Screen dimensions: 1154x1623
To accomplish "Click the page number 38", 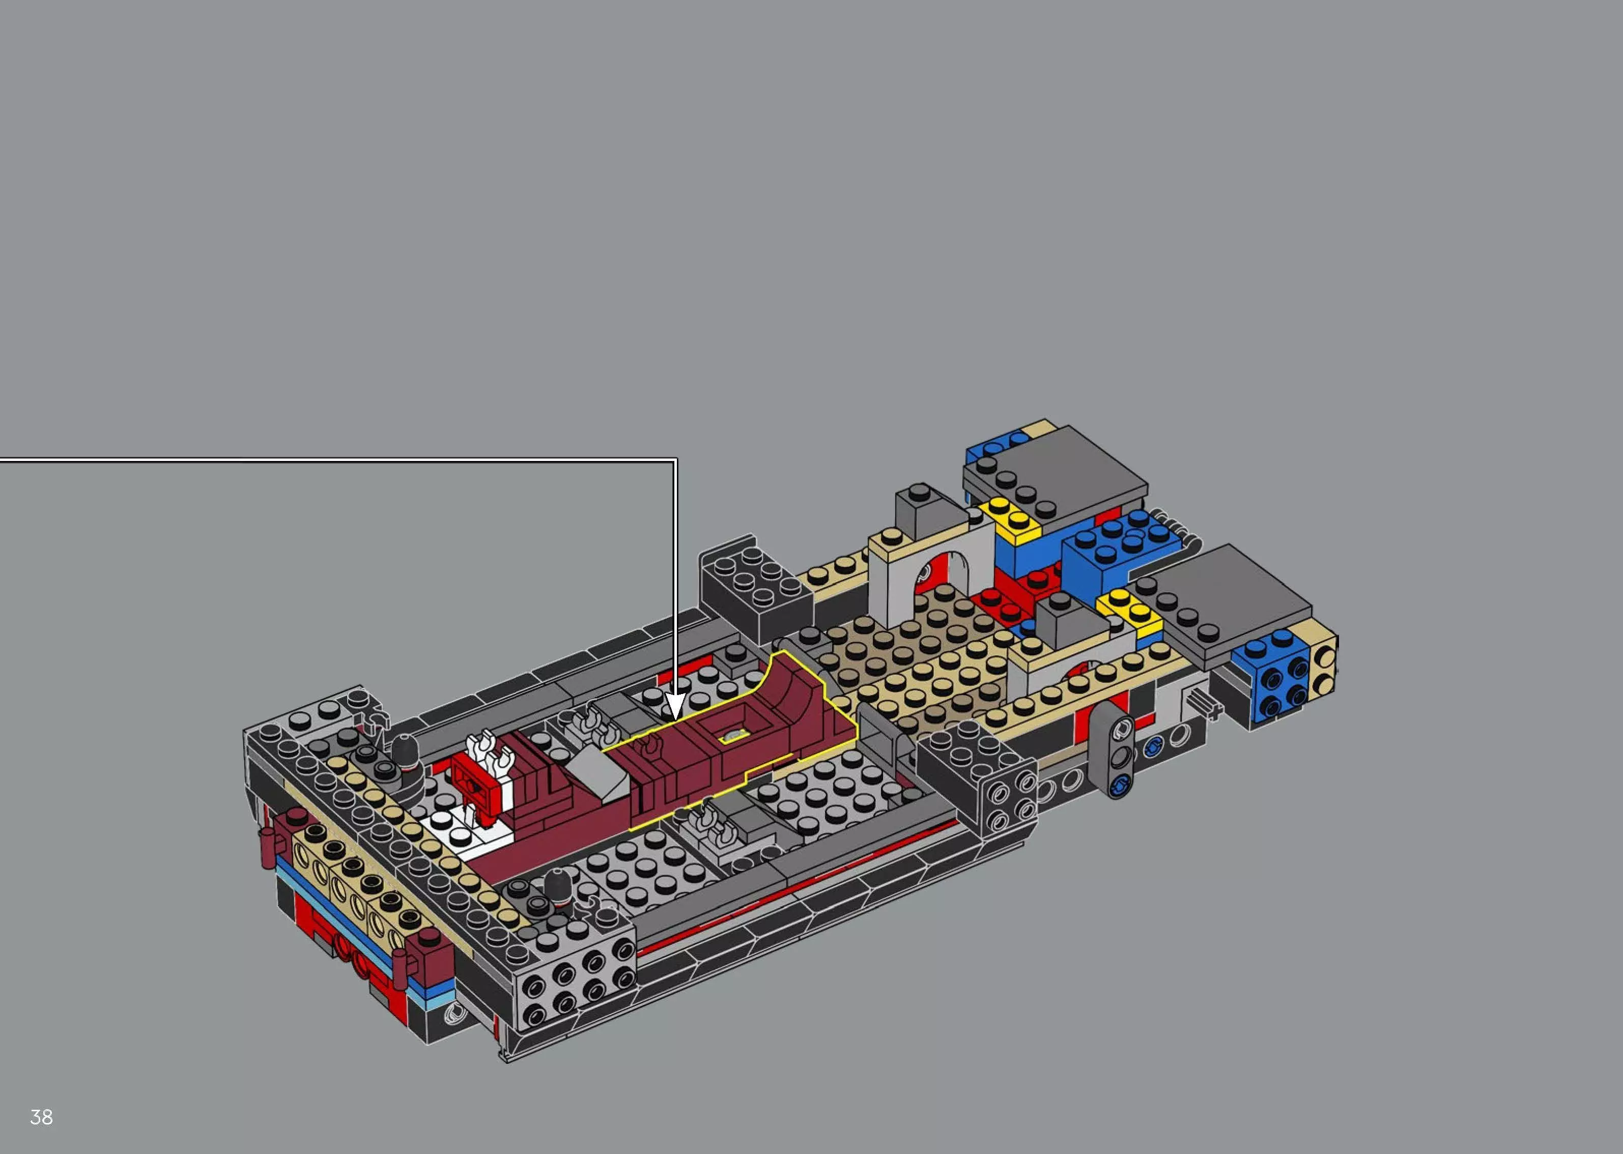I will click(41, 1117).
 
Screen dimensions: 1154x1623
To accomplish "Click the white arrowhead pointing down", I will click(675, 708).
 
